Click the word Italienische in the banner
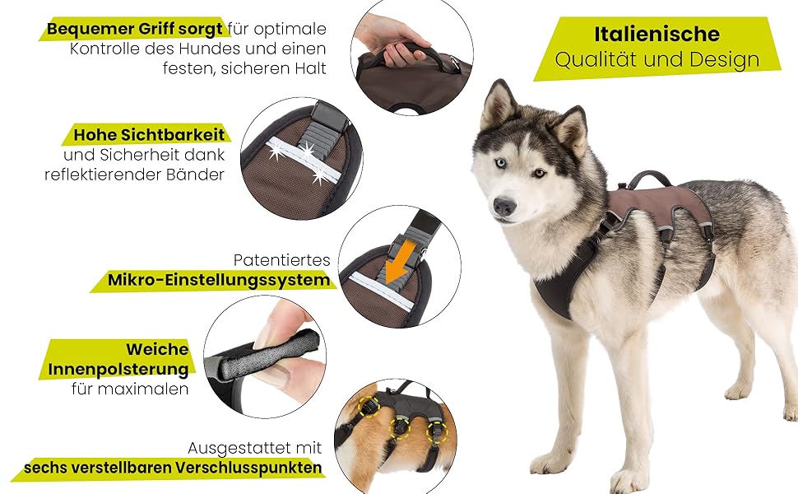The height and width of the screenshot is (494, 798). [656, 34]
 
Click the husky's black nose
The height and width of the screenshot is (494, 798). [503, 206]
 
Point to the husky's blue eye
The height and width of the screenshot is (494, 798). [501, 163]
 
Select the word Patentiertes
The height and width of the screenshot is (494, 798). [282, 260]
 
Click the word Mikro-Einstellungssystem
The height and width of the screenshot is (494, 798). [219, 280]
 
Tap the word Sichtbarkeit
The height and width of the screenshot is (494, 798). [173, 135]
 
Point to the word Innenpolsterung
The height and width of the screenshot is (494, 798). [118, 369]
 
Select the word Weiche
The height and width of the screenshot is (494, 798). [157, 349]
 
